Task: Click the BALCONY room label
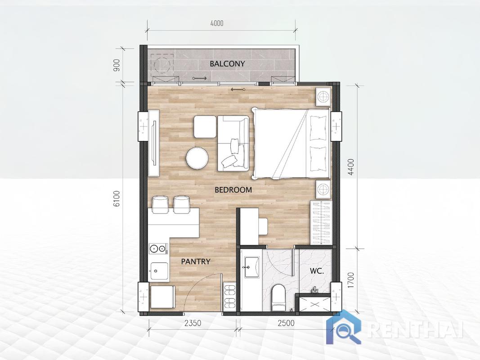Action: (x=227, y=64)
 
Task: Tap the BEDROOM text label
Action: (x=233, y=190)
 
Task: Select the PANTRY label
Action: (x=196, y=261)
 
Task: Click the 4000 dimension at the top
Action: (x=216, y=23)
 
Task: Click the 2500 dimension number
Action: (x=286, y=323)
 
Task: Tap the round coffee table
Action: (x=197, y=158)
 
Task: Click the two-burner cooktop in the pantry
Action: (x=158, y=248)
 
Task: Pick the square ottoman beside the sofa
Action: (x=205, y=127)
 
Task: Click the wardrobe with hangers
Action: (x=320, y=223)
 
